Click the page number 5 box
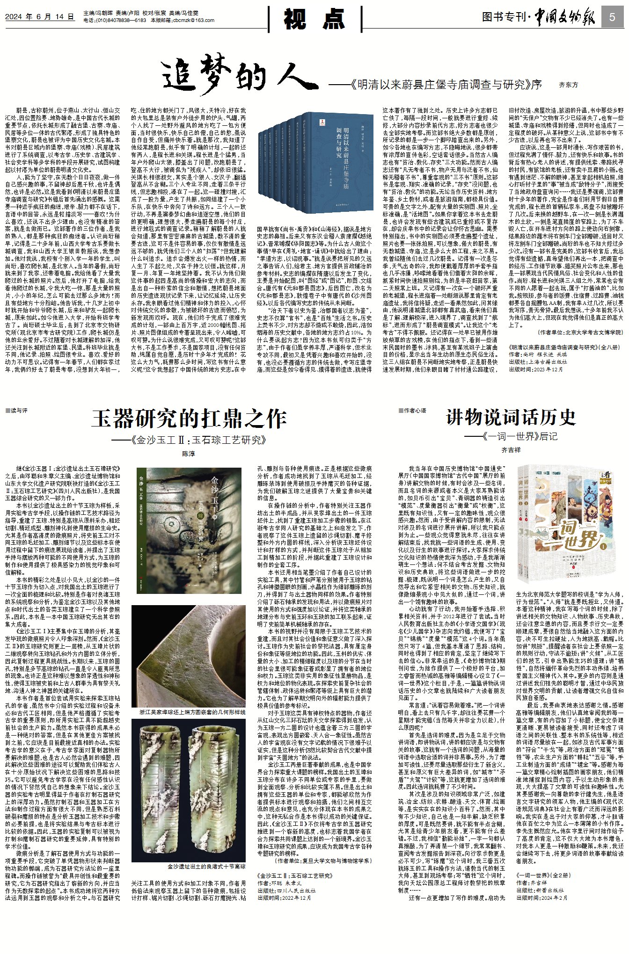tap(613, 17)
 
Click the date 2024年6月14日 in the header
tap(40, 16)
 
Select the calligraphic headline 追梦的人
tap(239, 75)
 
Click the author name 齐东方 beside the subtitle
tap(569, 85)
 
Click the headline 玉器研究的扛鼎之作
tap(189, 419)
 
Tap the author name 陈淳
tap(189, 454)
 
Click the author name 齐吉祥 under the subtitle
tap(511, 450)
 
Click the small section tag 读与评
tap(16, 411)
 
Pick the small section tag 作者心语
tap(412, 411)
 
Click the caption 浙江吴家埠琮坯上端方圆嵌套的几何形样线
tap(192, 712)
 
